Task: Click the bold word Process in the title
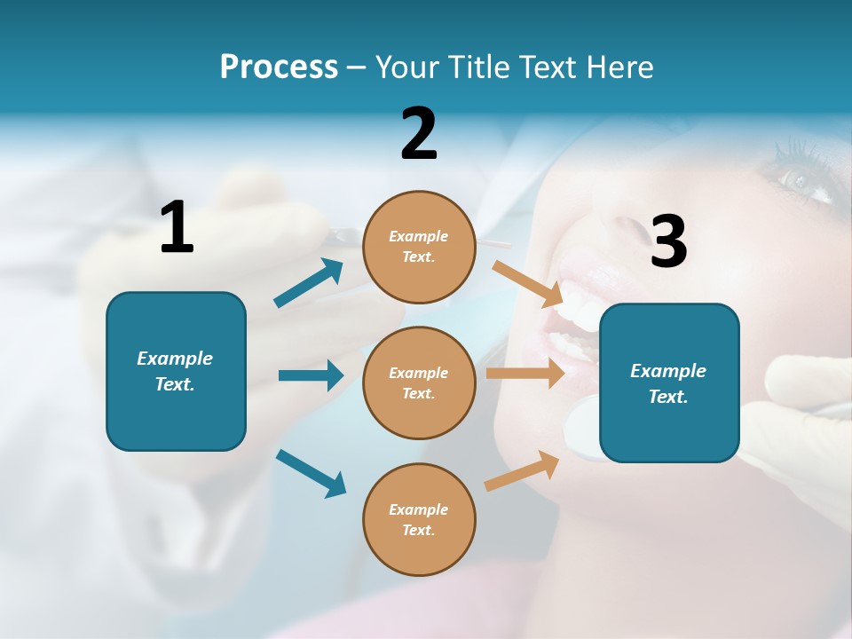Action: pos(279,67)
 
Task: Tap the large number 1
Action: pos(177,227)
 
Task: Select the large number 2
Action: pos(419,134)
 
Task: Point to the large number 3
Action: pos(668,241)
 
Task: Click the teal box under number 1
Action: pos(176,371)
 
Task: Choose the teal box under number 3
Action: pos(669,383)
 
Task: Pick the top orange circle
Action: pos(419,247)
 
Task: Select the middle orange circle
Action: pos(419,383)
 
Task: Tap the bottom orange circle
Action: pos(419,519)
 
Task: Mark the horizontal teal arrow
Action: pos(311,375)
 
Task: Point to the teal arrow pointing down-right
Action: pos(311,474)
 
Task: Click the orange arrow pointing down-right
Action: pos(528,282)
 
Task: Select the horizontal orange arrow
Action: pos(525,374)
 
